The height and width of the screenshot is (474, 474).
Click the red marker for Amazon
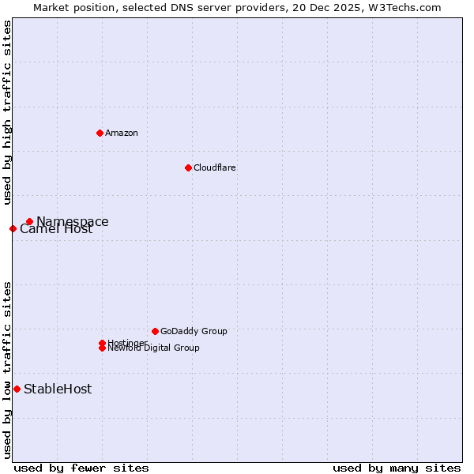click(x=100, y=133)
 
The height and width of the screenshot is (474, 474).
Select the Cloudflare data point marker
click(x=188, y=167)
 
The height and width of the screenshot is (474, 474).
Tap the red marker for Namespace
click(x=29, y=222)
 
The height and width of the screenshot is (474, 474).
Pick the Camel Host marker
click(x=13, y=229)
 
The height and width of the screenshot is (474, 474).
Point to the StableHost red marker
click(x=17, y=389)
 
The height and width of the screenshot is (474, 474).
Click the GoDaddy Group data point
click(x=155, y=331)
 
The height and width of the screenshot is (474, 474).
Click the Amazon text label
click(x=122, y=133)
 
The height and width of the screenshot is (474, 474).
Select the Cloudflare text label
click(x=214, y=167)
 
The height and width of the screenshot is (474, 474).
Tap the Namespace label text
click(x=73, y=222)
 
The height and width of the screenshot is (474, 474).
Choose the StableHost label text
click(x=58, y=389)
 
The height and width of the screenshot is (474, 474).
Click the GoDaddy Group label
click(x=194, y=331)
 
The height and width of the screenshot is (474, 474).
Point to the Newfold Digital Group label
click(x=153, y=348)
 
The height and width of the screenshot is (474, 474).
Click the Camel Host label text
click(x=56, y=230)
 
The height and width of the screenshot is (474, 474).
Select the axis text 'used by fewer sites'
click(x=81, y=468)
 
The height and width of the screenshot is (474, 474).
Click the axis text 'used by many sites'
click(x=397, y=468)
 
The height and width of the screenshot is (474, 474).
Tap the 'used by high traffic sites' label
click(x=7, y=112)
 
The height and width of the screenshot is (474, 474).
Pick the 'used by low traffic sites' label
click(x=7, y=370)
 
